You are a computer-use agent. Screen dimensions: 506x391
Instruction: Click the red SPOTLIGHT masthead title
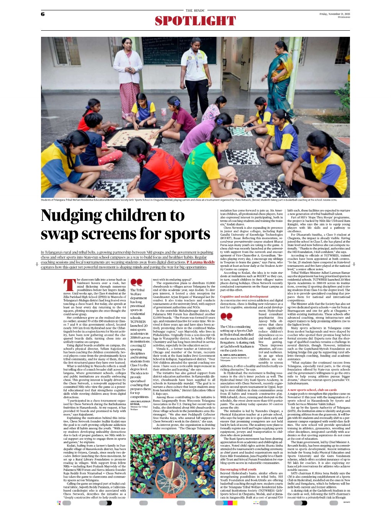pos(195,21)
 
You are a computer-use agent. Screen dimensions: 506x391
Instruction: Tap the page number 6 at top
pos(43,14)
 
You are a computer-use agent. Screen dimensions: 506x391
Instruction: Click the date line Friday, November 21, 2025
pos(335,14)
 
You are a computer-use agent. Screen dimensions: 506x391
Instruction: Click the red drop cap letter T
pos(70,285)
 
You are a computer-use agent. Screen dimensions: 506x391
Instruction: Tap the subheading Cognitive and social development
pos(244,296)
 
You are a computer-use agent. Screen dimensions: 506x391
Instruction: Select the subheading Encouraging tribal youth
pos(238,469)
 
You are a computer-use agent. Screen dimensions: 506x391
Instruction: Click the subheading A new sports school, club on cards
pos(312,390)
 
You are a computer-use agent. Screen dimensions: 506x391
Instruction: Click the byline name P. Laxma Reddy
pos(201,262)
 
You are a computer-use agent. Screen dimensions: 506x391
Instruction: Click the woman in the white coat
pos(130,80)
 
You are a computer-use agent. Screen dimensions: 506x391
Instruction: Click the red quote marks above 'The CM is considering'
pos(226,316)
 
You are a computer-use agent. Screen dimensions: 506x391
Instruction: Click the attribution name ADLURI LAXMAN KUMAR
pos(140,402)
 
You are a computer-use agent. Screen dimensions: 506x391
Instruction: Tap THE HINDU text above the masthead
pos(195,10)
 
